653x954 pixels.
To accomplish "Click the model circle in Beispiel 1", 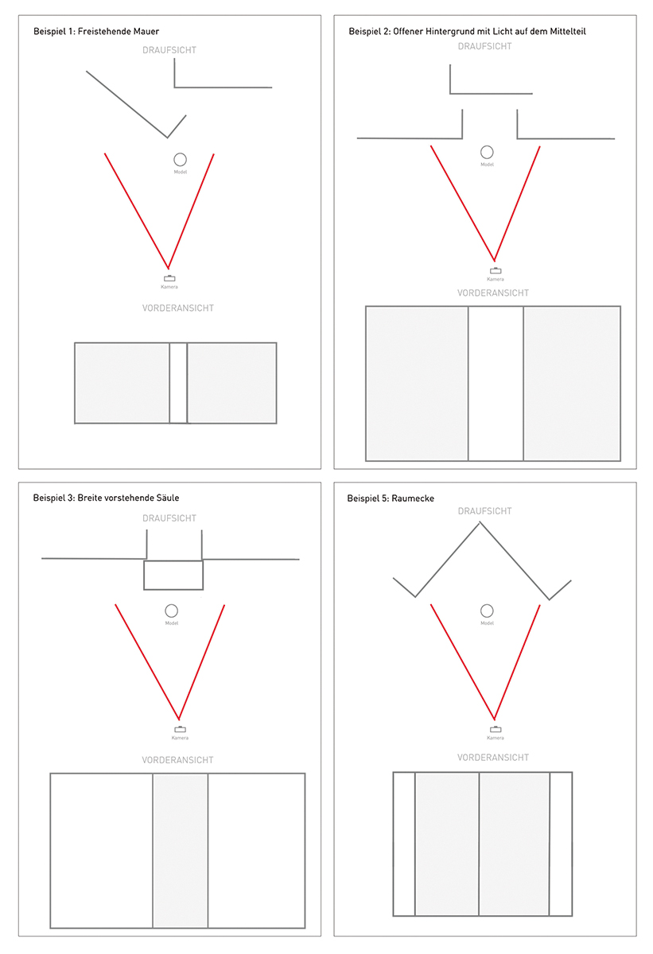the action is click(x=181, y=160).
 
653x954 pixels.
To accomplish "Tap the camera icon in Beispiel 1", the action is click(x=169, y=278).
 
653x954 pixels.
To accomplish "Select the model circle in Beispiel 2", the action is click(x=487, y=152).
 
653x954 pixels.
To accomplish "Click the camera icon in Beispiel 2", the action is click(x=496, y=270).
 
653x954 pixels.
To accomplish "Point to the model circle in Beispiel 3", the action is click(x=172, y=611).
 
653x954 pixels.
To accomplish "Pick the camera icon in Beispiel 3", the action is click(x=181, y=729).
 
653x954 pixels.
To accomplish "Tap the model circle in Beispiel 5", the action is click(x=487, y=611).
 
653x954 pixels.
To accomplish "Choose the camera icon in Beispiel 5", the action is click(x=496, y=729).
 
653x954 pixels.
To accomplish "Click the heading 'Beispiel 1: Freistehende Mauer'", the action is click(x=96, y=31).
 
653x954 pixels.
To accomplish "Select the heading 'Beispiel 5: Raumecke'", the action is click(x=391, y=498).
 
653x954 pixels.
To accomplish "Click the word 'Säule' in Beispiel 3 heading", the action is click(x=166, y=498).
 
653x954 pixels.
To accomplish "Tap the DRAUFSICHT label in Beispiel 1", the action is click(x=169, y=50).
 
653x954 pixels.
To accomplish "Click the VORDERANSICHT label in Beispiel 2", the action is click(x=493, y=293).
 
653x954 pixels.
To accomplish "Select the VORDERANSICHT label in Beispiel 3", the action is click(x=177, y=760).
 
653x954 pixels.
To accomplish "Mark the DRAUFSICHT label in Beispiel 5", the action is click(x=484, y=511).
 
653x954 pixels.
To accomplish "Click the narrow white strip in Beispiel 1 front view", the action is click(x=178, y=383).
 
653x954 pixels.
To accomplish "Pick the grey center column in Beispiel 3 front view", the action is click(x=181, y=851).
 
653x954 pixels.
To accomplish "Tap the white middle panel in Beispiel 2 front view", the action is click(x=496, y=383).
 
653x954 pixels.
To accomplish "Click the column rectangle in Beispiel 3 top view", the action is click(x=173, y=576).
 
